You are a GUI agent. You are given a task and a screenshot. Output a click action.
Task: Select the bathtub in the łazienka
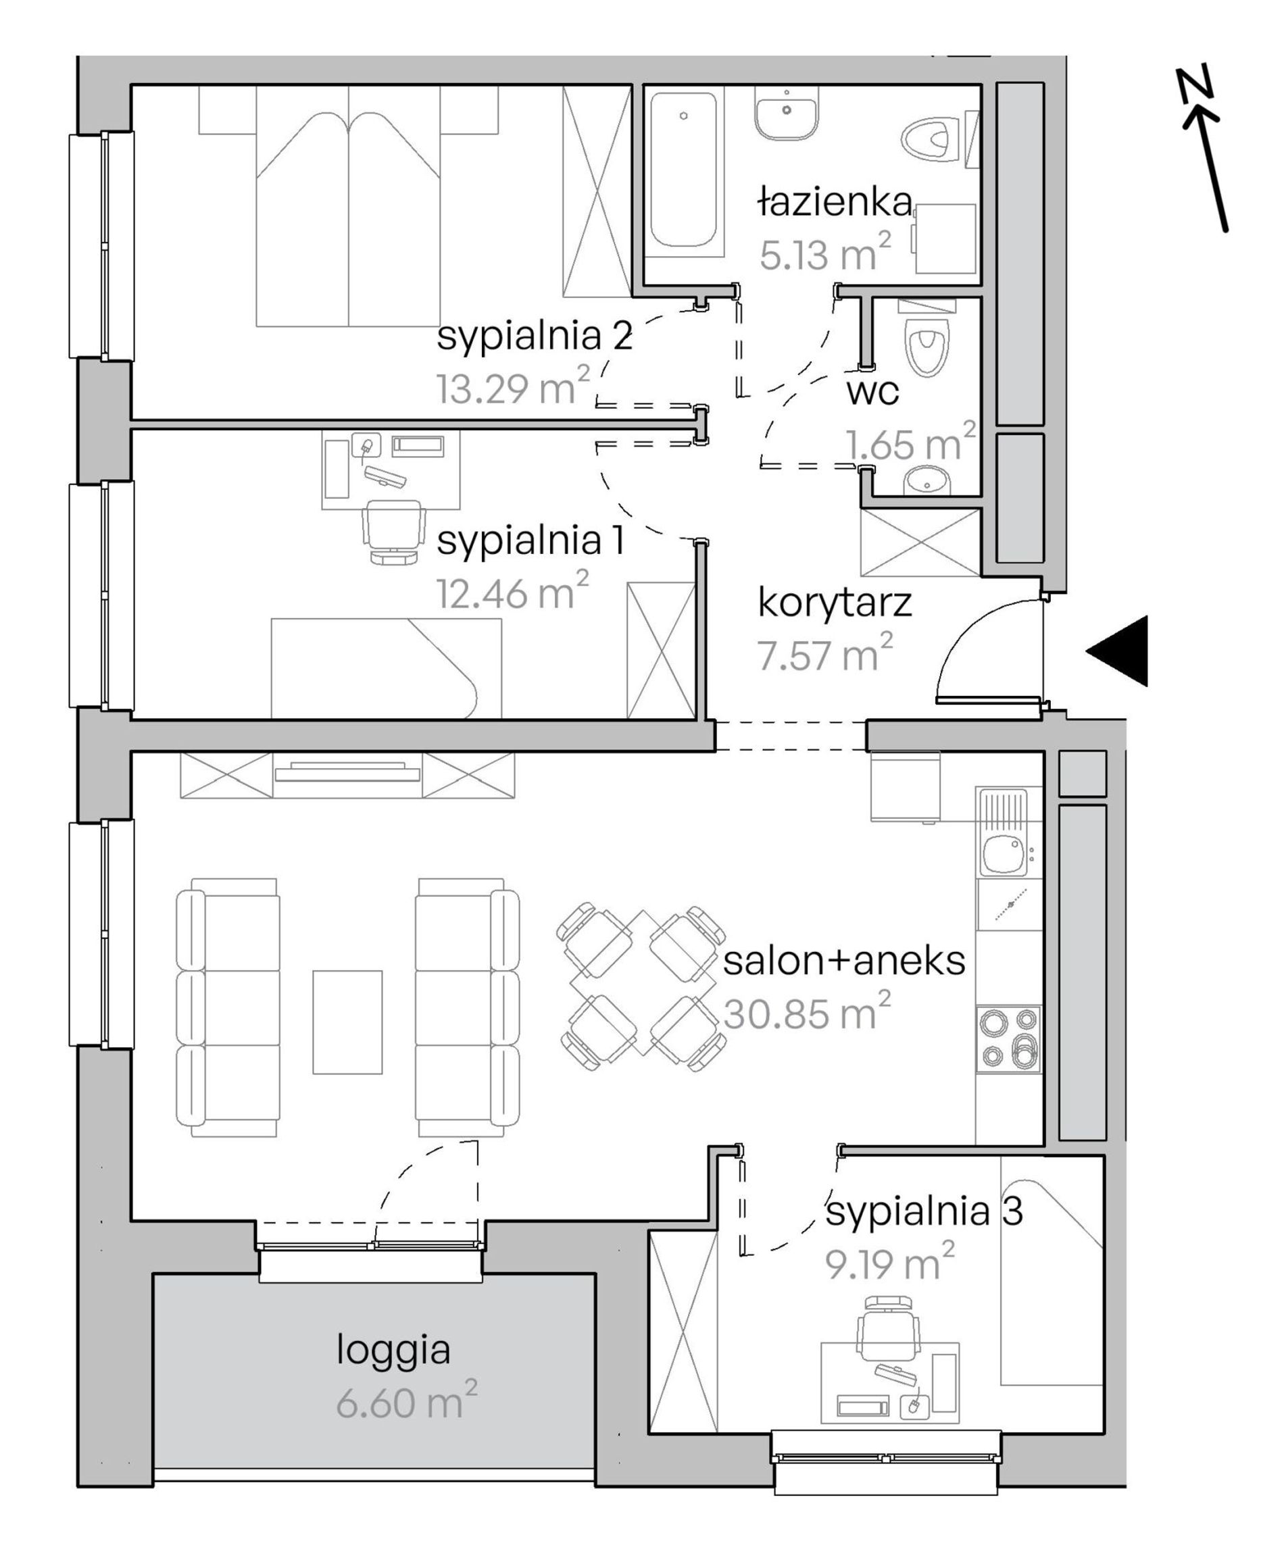pos(683,170)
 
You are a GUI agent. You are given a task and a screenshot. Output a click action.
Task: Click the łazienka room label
pos(835,203)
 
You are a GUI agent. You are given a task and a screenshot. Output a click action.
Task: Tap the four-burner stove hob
pos(1009,1040)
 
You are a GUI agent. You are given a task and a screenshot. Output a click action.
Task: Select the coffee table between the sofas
pos(347,1022)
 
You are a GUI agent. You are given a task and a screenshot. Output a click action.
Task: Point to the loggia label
pos(393,1349)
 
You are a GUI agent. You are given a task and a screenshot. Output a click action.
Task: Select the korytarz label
pos(835,604)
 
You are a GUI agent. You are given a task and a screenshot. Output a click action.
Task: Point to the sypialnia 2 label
pos(534,336)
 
